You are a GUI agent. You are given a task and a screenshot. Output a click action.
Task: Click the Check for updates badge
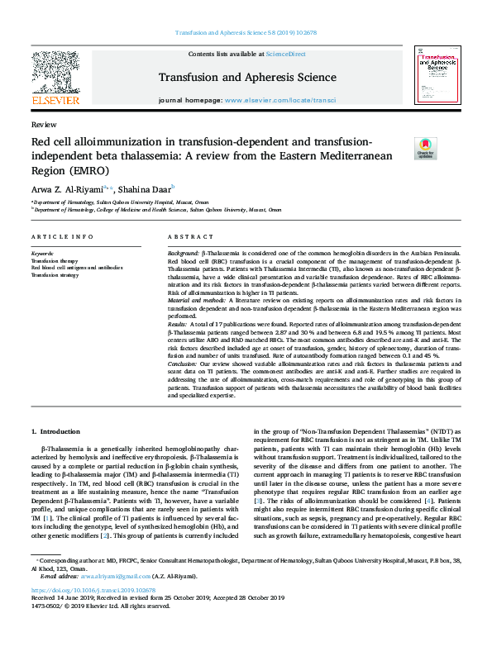coord(425,148)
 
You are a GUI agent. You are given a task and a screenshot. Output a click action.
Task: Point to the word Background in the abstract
coord(183,250)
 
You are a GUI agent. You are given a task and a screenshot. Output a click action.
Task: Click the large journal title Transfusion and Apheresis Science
coord(246,78)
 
